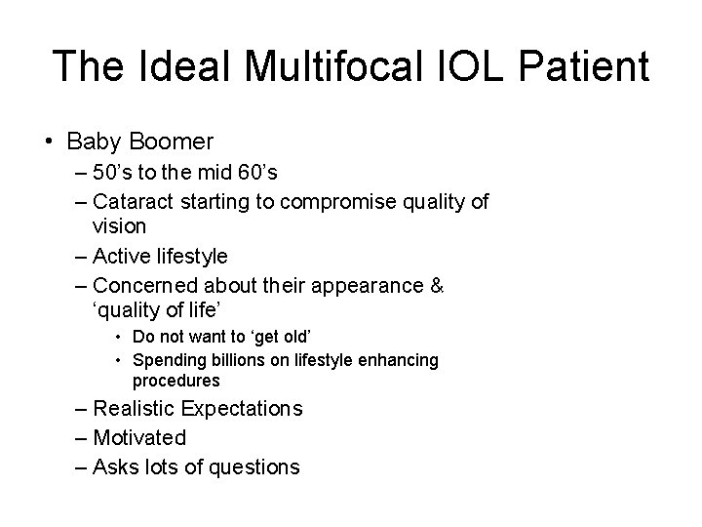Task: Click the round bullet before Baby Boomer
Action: pyautogui.click(x=50, y=142)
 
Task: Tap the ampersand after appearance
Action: pyautogui.click(x=437, y=287)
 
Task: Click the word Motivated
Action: pyautogui.click(x=138, y=438)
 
